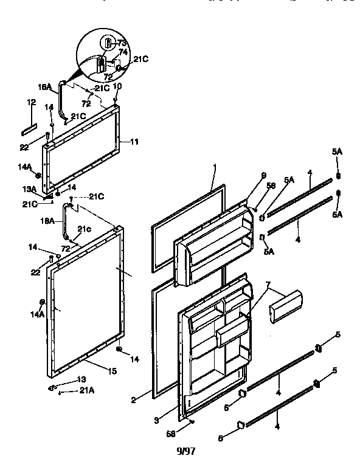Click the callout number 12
pyautogui.click(x=32, y=103)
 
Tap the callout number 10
pyautogui.click(x=117, y=86)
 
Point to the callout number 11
pyautogui.click(x=134, y=142)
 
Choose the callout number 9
pyautogui.click(x=263, y=176)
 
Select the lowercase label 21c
pyautogui.click(x=83, y=229)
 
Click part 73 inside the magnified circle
pyautogui.click(x=107, y=43)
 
